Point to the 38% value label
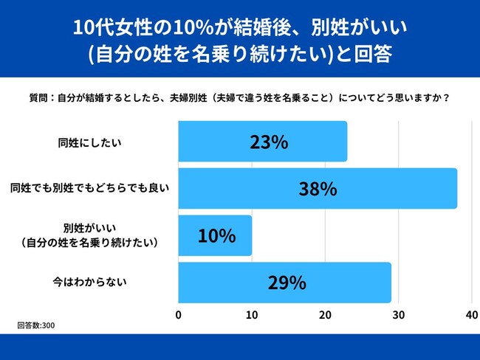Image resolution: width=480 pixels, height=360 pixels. [x=318, y=189]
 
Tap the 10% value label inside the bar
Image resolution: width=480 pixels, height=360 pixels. [x=216, y=236]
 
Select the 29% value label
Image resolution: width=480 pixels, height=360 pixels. [x=284, y=283]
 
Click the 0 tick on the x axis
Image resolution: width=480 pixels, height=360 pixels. [x=179, y=314]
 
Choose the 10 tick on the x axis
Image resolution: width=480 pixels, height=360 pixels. [x=252, y=314]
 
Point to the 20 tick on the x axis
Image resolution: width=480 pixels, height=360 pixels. [x=325, y=314]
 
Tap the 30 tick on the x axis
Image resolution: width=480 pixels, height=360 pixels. [x=398, y=314]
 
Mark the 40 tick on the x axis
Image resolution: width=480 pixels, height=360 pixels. [x=471, y=314]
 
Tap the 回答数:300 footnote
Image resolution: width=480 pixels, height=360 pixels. [x=36, y=325]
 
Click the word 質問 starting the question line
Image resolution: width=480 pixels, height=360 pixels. [x=38, y=97]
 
